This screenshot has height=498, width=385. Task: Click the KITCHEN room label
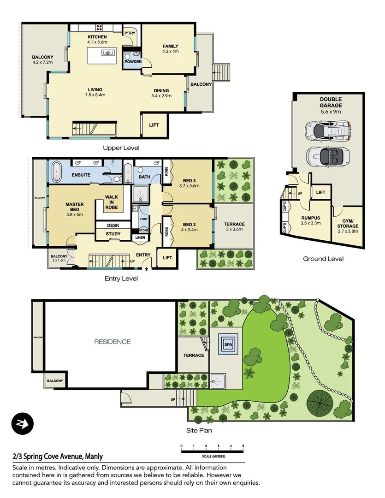coord(97,37)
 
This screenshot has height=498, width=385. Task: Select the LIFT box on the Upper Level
coord(154,125)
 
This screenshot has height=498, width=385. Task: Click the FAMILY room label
coord(170,46)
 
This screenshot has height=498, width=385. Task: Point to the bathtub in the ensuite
coord(57,171)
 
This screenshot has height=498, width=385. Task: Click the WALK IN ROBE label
coord(112,202)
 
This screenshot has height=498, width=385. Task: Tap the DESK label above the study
coord(113,225)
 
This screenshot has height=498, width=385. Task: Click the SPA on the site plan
coord(228,344)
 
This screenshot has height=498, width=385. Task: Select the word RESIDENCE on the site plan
coord(113,342)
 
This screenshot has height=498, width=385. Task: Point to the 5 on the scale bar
coord(243,446)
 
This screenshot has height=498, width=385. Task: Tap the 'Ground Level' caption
coord(323,259)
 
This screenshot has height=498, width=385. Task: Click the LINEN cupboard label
coord(140,237)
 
